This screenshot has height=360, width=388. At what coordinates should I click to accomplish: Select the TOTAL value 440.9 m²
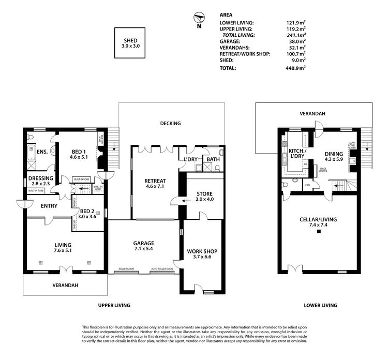pos(295,68)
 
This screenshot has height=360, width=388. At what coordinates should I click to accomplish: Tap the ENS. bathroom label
pos(42,152)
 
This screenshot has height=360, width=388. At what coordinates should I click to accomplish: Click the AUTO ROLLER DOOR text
pos(161,269)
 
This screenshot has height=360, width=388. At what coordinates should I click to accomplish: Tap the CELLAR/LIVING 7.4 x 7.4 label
pos(318,222)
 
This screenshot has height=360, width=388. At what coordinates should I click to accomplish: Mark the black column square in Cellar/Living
pos(319,232)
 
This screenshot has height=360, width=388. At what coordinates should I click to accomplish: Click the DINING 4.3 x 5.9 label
pos(334,156)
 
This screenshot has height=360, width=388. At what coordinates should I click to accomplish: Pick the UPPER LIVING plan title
pos(114,305)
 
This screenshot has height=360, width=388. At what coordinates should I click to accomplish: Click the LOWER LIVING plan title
pos(321,305)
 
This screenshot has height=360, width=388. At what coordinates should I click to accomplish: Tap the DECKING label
pos(170,123)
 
